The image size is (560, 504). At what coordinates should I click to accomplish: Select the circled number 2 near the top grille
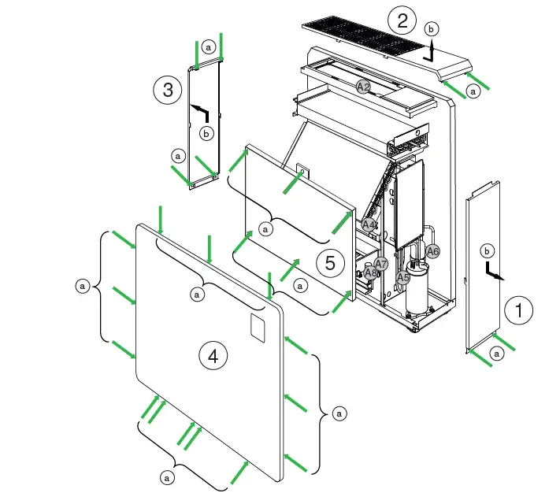[402, 20]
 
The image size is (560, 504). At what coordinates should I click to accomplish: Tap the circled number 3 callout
[168, 91]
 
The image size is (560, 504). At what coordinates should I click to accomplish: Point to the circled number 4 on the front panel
[213, 357]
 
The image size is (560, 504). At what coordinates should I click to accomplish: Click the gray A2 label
[363, 87]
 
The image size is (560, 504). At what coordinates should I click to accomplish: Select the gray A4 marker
[368, 224]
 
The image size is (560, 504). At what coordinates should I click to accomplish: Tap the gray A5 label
[402, 277]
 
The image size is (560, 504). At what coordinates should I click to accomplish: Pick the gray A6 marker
[432, 251]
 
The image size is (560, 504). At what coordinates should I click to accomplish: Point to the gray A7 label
[381, 263]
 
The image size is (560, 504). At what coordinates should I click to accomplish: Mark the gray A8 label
[371, 272]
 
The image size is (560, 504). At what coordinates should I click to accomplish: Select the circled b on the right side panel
[487, 250]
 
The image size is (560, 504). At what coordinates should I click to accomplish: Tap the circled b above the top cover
[429, 28]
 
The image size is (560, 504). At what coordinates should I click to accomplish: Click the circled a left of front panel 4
[81, 287]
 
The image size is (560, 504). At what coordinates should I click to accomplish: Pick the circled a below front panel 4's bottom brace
[166, 477]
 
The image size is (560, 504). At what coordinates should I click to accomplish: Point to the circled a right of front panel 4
[339, 412]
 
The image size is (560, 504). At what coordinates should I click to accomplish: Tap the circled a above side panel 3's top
[209, 46]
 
